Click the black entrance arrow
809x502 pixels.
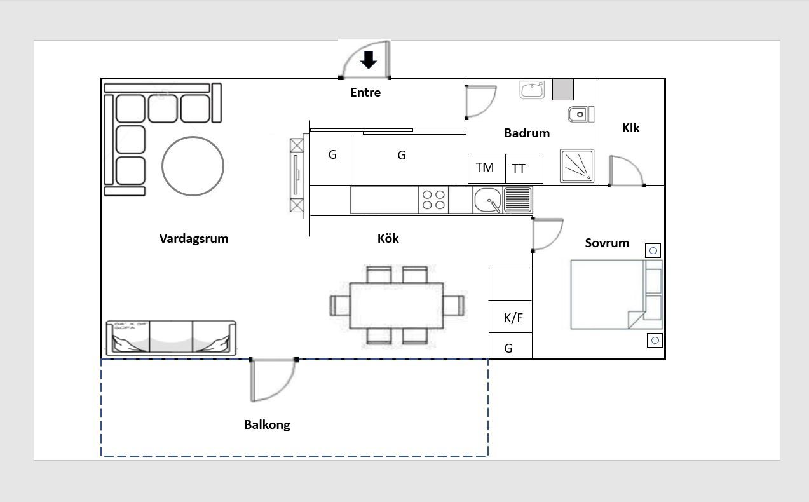pos(369,60)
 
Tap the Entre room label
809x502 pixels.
pos(365,92)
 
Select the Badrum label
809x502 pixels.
pos(527,133)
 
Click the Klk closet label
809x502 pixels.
pos(630,128)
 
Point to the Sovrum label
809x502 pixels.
pos(607,243)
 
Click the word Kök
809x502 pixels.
pos(388,238)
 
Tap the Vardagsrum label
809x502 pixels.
pos(194,239)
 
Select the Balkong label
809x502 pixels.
pos(267,424)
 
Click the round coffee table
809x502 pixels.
pos(193,166)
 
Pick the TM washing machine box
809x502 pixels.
pos(487,168)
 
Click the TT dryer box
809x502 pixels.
pos(524,168)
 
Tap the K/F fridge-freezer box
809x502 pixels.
pos(510,316)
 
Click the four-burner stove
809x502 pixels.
pos(433,200)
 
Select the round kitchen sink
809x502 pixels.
pos(487,200)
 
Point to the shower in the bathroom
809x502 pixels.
pos(577,166)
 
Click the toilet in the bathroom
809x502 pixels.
pos(580,114)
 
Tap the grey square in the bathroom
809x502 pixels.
pos(563,89)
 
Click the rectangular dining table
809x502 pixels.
pos(397,306)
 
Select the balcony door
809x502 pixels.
pos(273,379)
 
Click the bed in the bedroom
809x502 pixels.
pos(616,295)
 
